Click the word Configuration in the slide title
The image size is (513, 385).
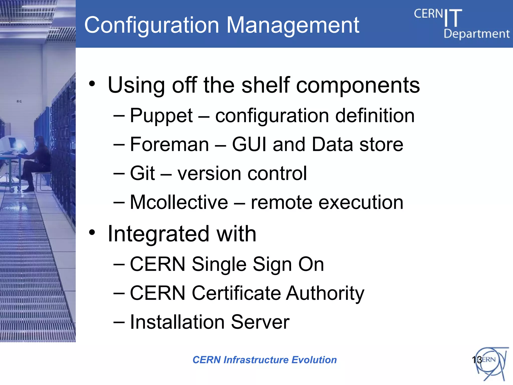tap(152, 25)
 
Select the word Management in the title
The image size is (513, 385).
tap(293, 25)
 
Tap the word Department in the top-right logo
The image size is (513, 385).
tap(476, 34)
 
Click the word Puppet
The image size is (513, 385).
tap(161, 116)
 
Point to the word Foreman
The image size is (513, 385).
tap(169, 145)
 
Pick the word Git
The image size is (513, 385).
tap(142, 173)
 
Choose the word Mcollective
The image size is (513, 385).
tap(179, 202)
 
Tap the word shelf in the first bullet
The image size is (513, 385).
tap(266, 85)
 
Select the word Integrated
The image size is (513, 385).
tap(158, 234)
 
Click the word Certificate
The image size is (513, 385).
tap(236, 293)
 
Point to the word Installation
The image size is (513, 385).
tap(177, 322)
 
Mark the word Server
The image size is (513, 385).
tap(260, 322)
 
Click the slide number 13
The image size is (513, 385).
tap(476, 360)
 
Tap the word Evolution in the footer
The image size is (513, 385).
tap(314, 360)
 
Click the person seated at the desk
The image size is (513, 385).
tap(38, 160)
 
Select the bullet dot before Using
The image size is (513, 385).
tap(92, 84)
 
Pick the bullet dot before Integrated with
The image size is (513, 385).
tap(92, 233)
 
